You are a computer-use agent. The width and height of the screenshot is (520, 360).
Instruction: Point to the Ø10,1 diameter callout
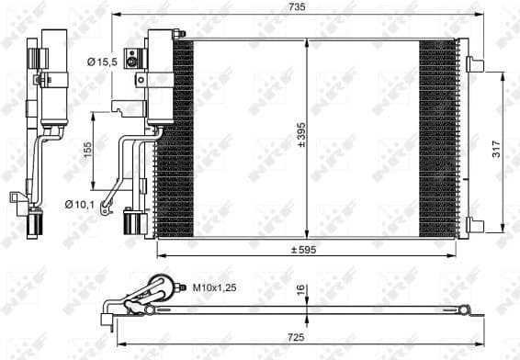(80, 204)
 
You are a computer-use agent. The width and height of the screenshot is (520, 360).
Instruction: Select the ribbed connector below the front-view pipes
(134, 223)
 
